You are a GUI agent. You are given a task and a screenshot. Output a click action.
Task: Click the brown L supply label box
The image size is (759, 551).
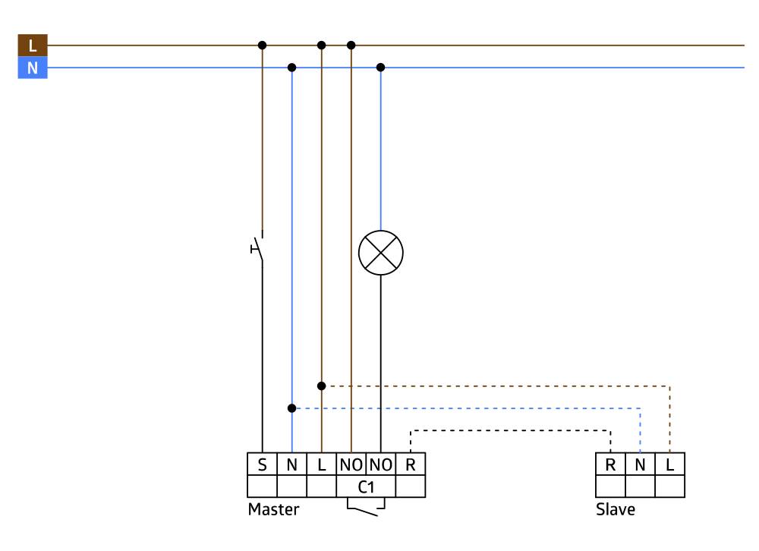32,46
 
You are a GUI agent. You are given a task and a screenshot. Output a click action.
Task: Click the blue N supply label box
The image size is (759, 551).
32,68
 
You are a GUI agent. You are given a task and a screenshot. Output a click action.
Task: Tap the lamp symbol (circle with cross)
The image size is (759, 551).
380,252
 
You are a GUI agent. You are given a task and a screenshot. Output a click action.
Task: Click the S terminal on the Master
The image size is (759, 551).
262,464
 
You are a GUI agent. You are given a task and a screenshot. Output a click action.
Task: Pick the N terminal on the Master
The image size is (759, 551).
291,464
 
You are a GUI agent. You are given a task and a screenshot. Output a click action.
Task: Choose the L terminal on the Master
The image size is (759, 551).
321,464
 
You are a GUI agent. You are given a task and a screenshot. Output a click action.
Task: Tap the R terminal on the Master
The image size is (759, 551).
411,464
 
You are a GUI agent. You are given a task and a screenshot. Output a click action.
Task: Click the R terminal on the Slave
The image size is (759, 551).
610,464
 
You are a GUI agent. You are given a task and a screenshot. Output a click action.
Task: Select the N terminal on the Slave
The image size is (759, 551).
640,464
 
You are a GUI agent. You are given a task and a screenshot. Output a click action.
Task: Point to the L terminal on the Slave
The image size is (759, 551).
669,464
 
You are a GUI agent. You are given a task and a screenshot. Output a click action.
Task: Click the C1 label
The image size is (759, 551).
366,486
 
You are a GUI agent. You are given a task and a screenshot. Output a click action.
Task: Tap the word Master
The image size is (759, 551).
273,510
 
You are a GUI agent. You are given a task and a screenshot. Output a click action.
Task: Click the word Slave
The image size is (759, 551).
615,510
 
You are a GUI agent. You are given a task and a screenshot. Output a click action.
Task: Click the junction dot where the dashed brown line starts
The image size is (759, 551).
322,386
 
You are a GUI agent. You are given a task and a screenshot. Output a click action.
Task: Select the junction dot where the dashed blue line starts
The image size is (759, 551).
292,408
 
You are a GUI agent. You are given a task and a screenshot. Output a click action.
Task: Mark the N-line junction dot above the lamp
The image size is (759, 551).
381,68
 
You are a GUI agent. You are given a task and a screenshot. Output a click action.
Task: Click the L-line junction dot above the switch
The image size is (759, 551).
262,46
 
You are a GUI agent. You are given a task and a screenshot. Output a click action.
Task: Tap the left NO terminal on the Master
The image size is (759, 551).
351,464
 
